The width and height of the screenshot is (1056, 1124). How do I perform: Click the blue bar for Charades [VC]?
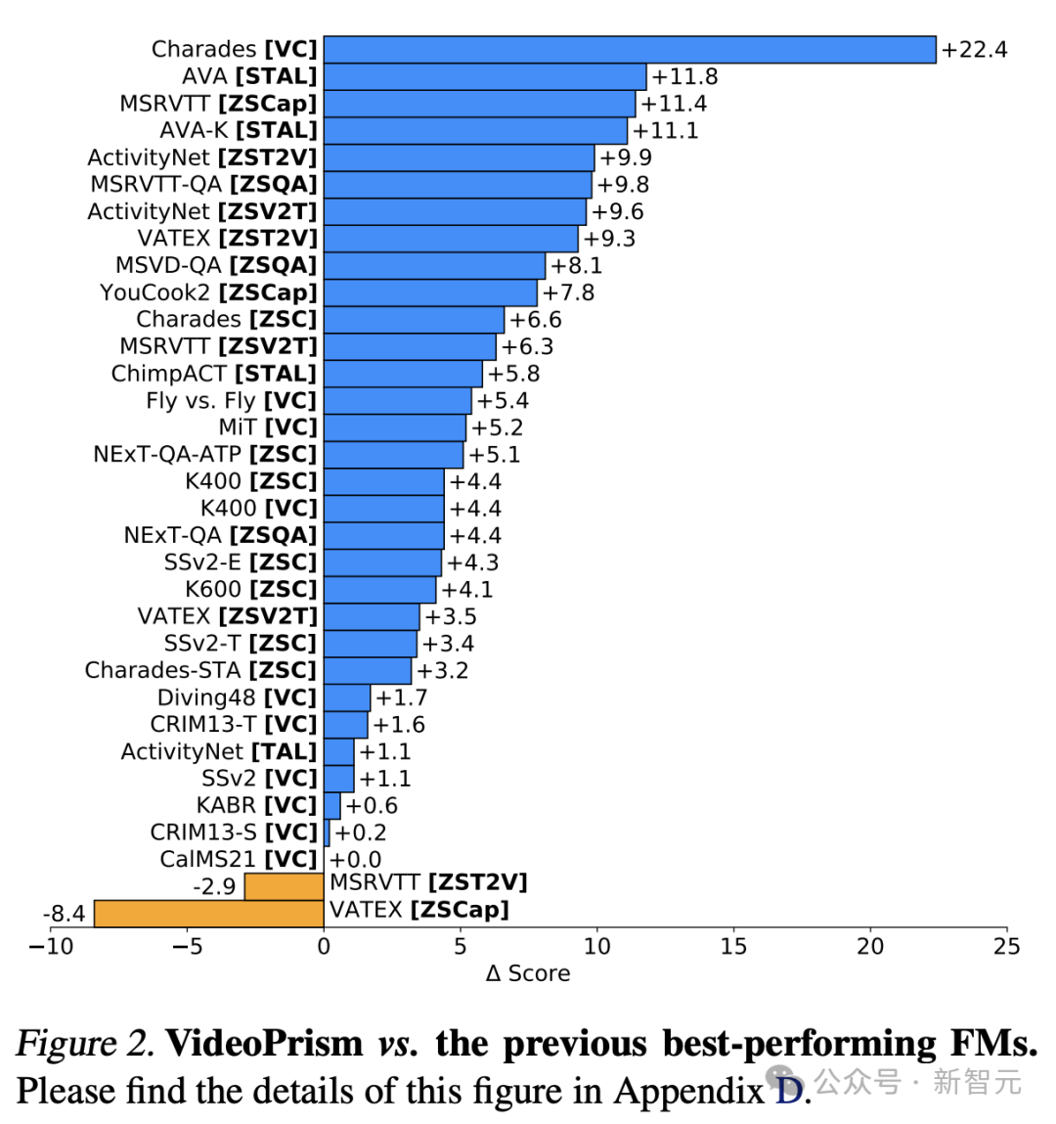coord(630,50)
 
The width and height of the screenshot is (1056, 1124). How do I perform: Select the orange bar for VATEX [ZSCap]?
coord(208,914)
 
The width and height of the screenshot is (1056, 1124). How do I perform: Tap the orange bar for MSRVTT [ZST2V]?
coord(284,886)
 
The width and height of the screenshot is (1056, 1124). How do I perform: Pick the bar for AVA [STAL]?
coord(485,76)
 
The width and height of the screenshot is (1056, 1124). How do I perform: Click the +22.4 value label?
coord(974,50)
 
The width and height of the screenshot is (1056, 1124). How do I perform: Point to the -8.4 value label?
coord(65,914)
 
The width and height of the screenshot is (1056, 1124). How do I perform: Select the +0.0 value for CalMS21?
coord(356,860)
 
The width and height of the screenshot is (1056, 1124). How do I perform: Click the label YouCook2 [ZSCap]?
coord(208,292)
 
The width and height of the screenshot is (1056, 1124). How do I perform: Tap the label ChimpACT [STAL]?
coord(214,374)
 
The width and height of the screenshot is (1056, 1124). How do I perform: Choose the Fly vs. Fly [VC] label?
coord(232,401)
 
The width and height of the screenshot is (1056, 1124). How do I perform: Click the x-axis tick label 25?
coord(1006,946)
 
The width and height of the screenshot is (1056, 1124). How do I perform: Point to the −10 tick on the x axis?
coord(51,946)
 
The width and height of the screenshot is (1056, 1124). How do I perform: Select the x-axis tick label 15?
coord(733,946)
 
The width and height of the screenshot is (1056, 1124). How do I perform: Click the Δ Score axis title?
coord(528,973)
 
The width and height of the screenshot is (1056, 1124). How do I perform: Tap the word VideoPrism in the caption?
coord(264,1044)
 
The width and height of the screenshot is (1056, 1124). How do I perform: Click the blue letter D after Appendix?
coord(788,1090)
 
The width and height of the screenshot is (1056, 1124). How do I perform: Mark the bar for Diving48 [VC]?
coord(347,697)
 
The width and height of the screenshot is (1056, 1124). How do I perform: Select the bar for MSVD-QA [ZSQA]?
coord(434,265)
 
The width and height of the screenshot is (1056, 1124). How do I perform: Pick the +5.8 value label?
coord(513,374)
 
